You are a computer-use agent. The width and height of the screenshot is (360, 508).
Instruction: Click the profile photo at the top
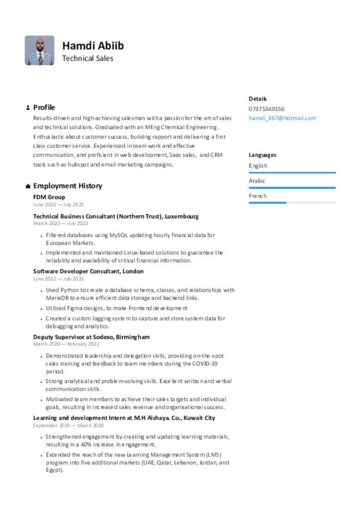(x=39, y=50)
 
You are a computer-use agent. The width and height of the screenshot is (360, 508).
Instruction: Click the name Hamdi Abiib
(x=93, y=46)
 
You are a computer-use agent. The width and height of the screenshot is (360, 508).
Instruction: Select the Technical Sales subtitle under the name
(x=87, y=59)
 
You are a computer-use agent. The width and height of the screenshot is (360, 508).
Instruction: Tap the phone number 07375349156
(x=267, y=109)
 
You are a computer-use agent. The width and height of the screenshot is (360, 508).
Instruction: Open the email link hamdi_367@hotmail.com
(x=282, y=118)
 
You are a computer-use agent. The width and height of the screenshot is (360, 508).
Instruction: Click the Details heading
(x=258, y=99)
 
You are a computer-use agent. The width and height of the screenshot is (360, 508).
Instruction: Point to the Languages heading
(x=263, y=155)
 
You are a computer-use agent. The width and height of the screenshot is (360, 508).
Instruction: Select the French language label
(x=258, y=196)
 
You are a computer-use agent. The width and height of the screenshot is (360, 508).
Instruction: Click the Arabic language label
(x=257, y=181)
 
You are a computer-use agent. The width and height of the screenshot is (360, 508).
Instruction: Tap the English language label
(x=258, y=166)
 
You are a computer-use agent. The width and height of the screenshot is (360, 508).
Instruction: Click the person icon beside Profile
(x=28, y=108)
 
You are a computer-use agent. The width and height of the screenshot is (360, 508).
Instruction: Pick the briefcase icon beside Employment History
(x=28, y=186)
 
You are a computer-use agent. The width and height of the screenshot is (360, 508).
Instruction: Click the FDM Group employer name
(x=49, y=197)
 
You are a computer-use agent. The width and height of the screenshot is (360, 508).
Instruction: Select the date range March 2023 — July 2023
(x=61, y=223)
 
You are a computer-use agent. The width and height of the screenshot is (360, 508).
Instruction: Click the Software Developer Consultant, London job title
(x=88, y=271)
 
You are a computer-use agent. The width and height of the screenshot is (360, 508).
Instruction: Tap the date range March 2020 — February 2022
(x=66, y=344)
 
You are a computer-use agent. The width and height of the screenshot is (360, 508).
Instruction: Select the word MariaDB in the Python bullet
(x=57, y=298)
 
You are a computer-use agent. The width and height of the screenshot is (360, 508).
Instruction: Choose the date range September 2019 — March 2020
(x=69, y=425)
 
